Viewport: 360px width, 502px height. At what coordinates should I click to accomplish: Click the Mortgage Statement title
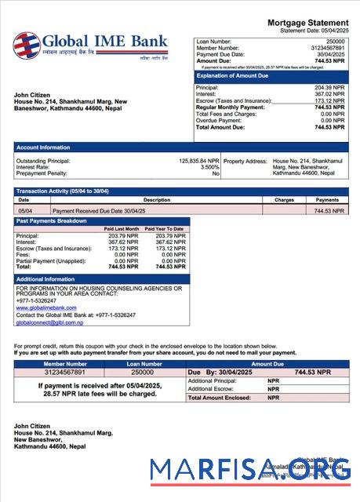tap(307, 23)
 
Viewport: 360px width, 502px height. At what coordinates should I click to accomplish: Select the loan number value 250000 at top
tap(335, 41)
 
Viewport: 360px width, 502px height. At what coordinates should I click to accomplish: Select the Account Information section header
tap(43, 147)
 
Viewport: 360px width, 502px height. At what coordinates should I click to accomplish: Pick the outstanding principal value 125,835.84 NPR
tap(199, 160)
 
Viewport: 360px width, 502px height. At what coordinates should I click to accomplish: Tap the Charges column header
tap(284, 200)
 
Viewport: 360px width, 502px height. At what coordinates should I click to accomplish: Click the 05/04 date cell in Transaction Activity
tap(25, 211)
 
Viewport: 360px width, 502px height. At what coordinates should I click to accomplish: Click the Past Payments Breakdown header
tap(51, 221)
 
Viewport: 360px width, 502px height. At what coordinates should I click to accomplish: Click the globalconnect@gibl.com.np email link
tap(49, 322)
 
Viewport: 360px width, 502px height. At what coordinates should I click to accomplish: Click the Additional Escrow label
tap(211, 389)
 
